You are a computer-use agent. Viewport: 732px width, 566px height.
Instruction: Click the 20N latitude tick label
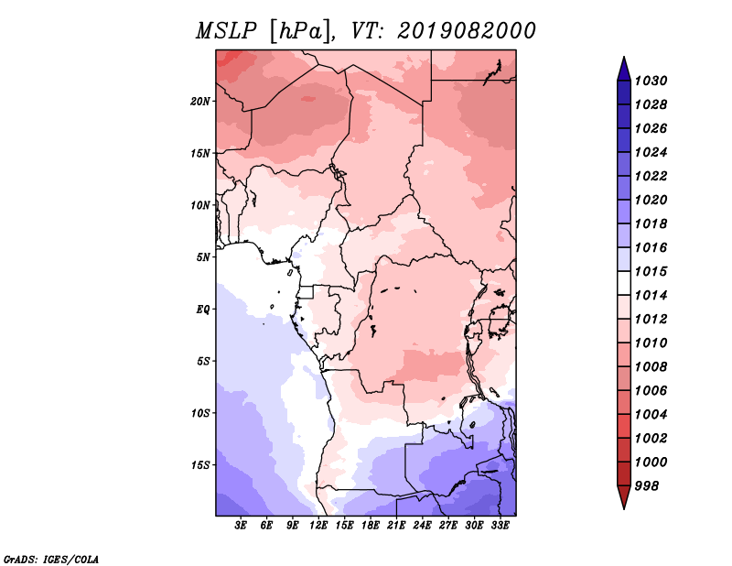pos(200,102)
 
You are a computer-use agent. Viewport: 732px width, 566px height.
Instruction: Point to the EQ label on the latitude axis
pos(203,310)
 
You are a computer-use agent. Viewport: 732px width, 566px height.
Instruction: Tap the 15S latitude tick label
pos(200,465)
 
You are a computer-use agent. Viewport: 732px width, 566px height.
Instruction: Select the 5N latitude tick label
pos(203,257)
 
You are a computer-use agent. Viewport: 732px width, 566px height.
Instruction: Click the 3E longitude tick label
pos(241,526)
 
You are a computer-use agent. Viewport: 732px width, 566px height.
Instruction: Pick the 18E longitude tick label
pos(371,526)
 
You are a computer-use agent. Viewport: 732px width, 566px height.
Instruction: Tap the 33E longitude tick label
pos(500,526)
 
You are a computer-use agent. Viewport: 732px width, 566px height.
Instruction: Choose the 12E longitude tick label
pos(318,526)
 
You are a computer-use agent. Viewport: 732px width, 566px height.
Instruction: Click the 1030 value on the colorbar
pos(651,82)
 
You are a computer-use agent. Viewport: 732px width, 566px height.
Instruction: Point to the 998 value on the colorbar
pos(647,486)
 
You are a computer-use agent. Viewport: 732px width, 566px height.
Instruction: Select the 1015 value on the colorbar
pos(651,272)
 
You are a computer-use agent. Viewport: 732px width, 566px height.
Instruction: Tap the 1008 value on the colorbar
pos(651,367)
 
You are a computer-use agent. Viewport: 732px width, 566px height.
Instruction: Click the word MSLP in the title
pos(226,31)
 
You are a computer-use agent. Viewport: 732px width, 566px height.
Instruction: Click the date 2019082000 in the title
pos(467,31)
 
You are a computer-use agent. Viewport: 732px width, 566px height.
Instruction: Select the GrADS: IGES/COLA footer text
pos(51,560)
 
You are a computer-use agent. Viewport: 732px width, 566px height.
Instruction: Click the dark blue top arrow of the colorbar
pos(624,70)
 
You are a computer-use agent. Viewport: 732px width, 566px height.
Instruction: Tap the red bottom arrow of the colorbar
pos(624,497)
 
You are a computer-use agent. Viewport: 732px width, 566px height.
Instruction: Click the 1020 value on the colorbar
pos(651,201)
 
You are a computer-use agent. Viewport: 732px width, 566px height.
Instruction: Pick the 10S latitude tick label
pos(200,413)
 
